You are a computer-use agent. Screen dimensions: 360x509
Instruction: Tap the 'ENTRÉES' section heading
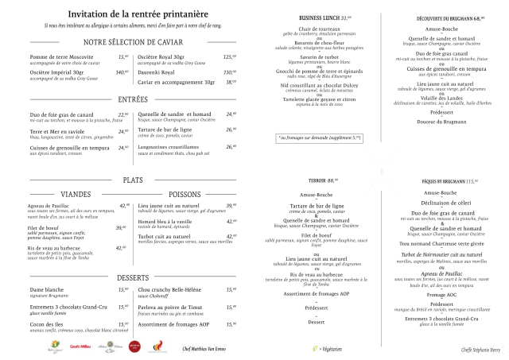132,99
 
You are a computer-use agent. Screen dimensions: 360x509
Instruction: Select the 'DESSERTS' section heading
132,277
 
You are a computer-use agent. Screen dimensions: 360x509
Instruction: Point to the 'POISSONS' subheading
185,194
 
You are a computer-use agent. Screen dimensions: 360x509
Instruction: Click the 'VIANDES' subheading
76,194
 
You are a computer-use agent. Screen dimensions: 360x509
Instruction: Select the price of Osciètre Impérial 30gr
122,72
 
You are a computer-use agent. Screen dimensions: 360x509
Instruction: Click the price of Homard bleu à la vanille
231,221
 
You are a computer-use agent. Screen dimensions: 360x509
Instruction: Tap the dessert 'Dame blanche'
46,290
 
